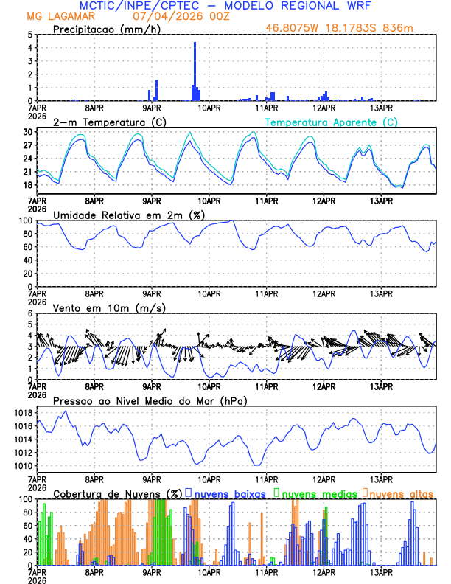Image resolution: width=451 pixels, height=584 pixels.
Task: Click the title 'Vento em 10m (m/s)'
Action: tap(109, 307)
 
